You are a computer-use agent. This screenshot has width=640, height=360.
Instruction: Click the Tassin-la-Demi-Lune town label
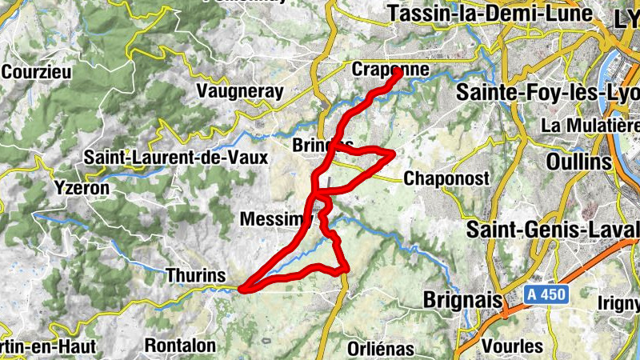point(489,14)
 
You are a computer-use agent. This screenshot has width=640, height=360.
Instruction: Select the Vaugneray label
point(239,92)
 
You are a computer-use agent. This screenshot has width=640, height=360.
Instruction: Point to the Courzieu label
point(37,71)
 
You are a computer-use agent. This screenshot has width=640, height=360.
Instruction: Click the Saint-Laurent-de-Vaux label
point(176,158)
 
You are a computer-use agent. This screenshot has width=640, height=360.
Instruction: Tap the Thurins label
point(195,275)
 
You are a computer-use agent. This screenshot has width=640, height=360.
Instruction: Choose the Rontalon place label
point(181,346)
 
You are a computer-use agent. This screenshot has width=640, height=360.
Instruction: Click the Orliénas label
point(381,348)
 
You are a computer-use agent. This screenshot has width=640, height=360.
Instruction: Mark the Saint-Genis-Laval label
point(553,230)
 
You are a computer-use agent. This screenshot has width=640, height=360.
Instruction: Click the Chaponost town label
point(446,178)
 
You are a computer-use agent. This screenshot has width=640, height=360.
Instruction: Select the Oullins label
point(579,162)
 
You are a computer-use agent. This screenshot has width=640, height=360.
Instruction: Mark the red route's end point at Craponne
point(398,73)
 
